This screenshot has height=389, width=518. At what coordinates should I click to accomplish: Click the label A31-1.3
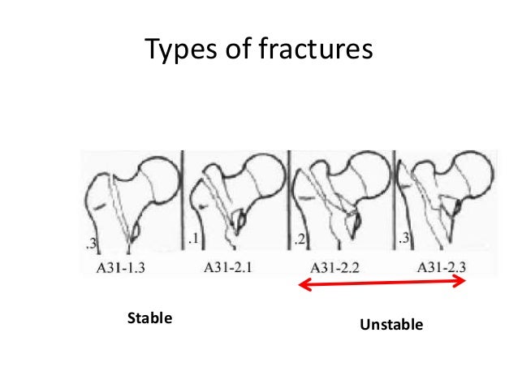(129, 266)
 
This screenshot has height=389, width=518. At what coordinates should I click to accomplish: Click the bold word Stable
(149, 318)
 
